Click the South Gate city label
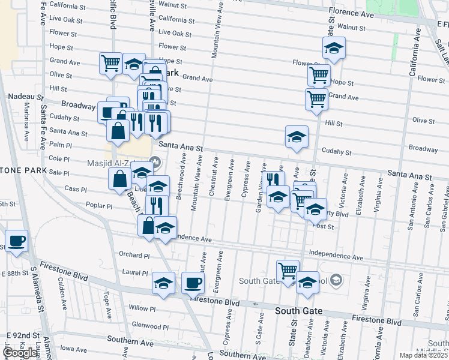(299, 311)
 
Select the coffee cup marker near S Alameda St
(16, 241)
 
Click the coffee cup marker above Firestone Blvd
(193, 282)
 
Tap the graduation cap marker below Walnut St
(334, 47)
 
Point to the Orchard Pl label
(134, 254)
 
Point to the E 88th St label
(14, 273)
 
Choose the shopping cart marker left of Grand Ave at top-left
(111, 62)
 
